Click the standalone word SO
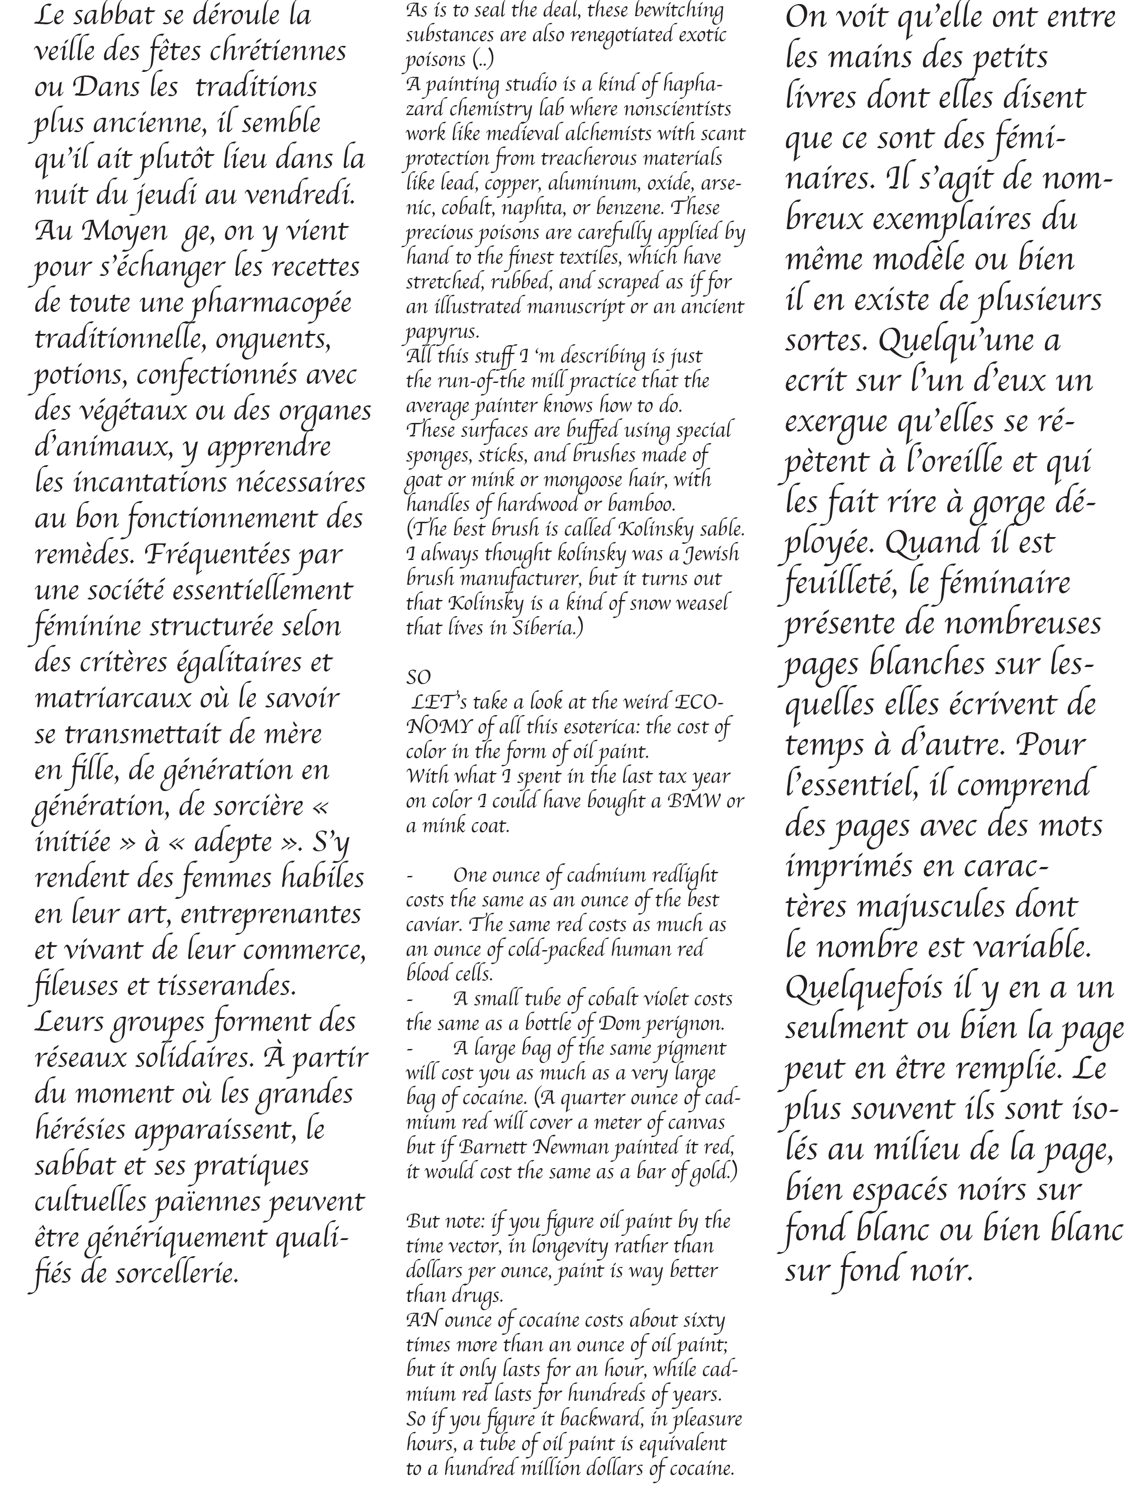pos(418,677)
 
